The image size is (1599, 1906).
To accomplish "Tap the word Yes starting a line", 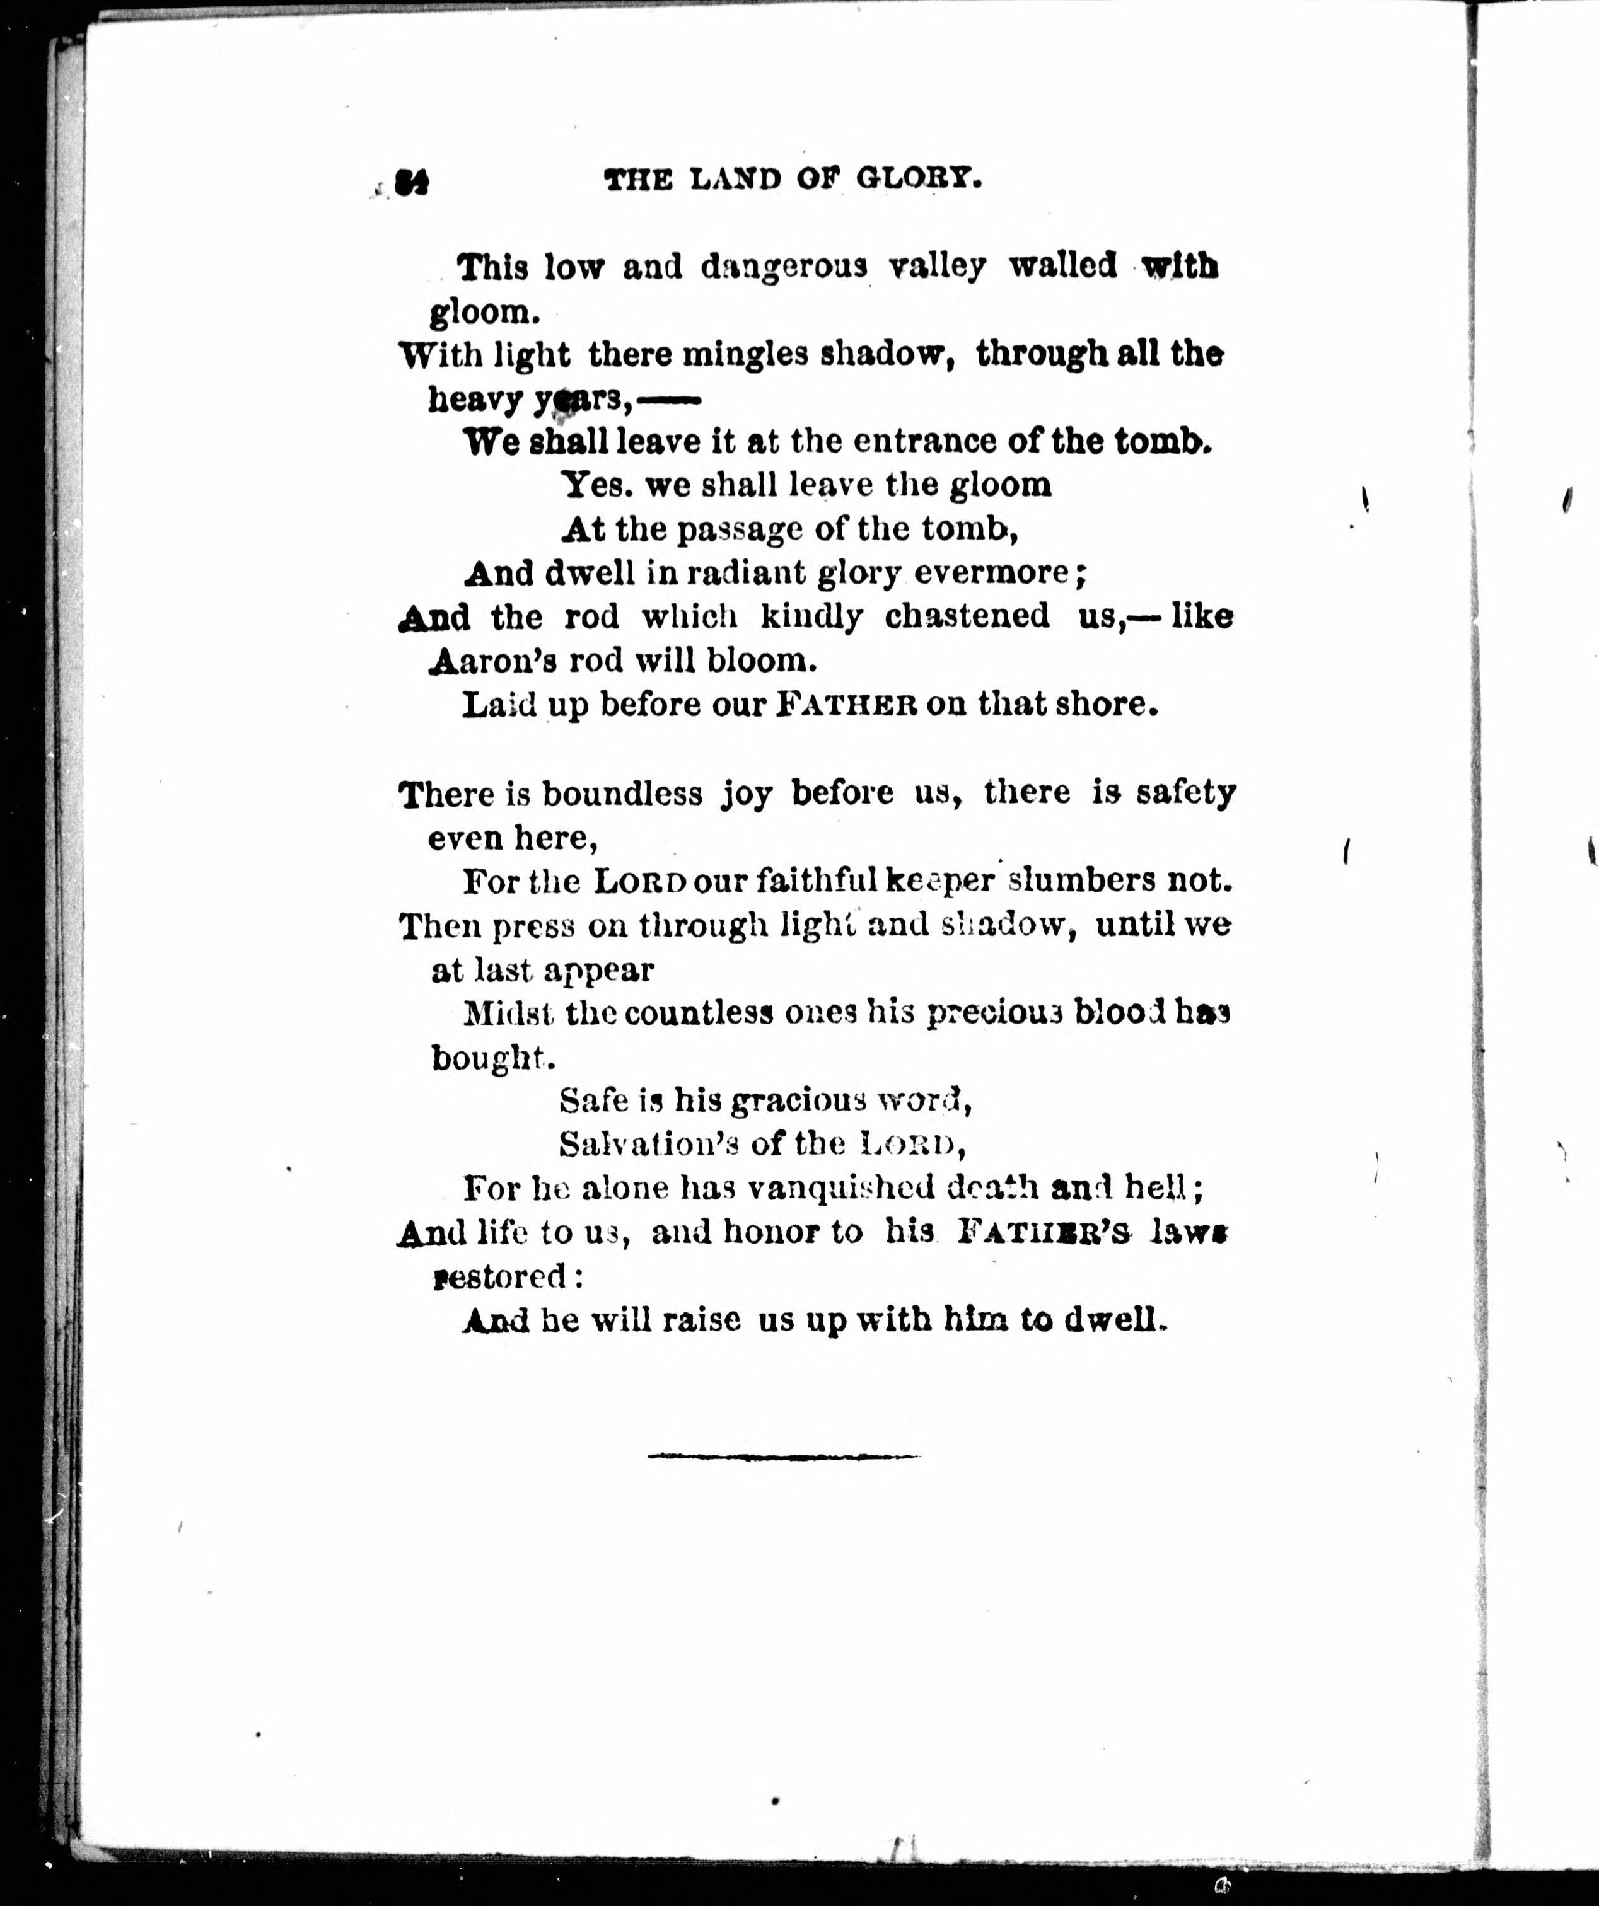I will (x=596, y=485).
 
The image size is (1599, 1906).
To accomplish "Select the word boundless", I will (x=622, y=794).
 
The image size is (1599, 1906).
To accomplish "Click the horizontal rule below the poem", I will (x=784, y=1457).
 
